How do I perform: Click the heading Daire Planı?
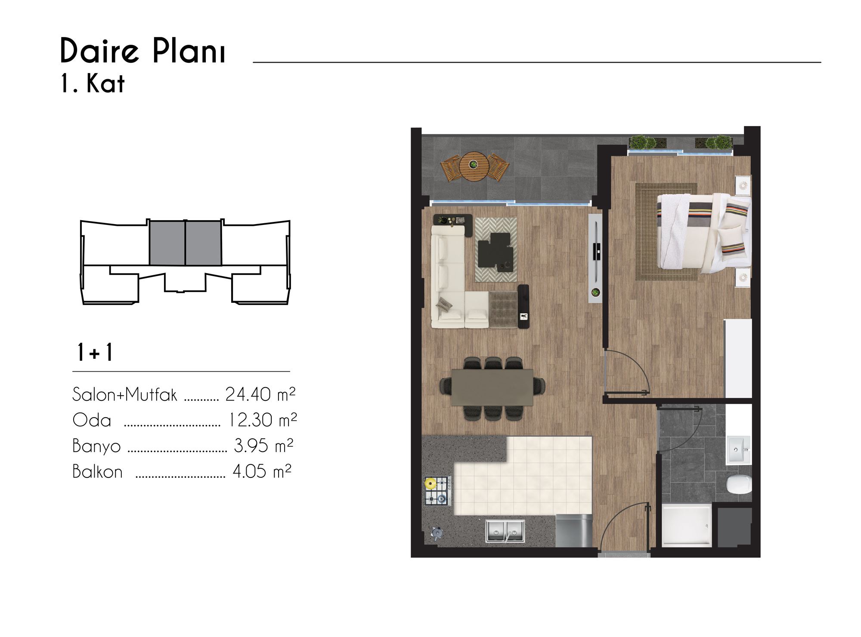[143, 51]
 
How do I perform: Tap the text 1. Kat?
[93, 83]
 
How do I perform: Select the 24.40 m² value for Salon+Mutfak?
[260, 394]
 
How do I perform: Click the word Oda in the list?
[92, 420]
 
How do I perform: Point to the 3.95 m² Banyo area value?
[263, 446]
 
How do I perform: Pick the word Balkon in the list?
[97, 471]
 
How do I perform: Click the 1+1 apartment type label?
[95, 352]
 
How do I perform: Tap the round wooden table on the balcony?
[474, 166]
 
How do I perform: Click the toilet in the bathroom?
[739, 485]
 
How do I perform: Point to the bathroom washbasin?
[739, 450]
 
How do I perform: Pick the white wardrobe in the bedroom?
[738, 358]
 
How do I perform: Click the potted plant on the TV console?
[595, 292]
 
